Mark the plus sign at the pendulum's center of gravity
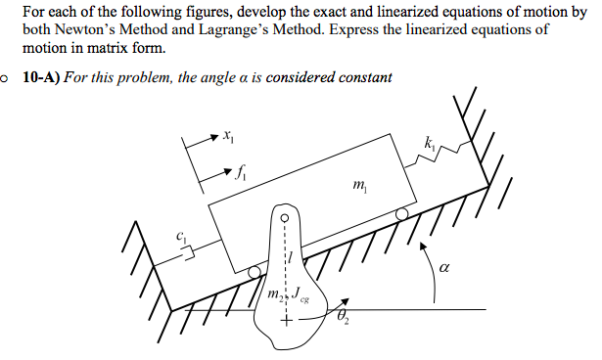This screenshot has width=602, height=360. point(287,321)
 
